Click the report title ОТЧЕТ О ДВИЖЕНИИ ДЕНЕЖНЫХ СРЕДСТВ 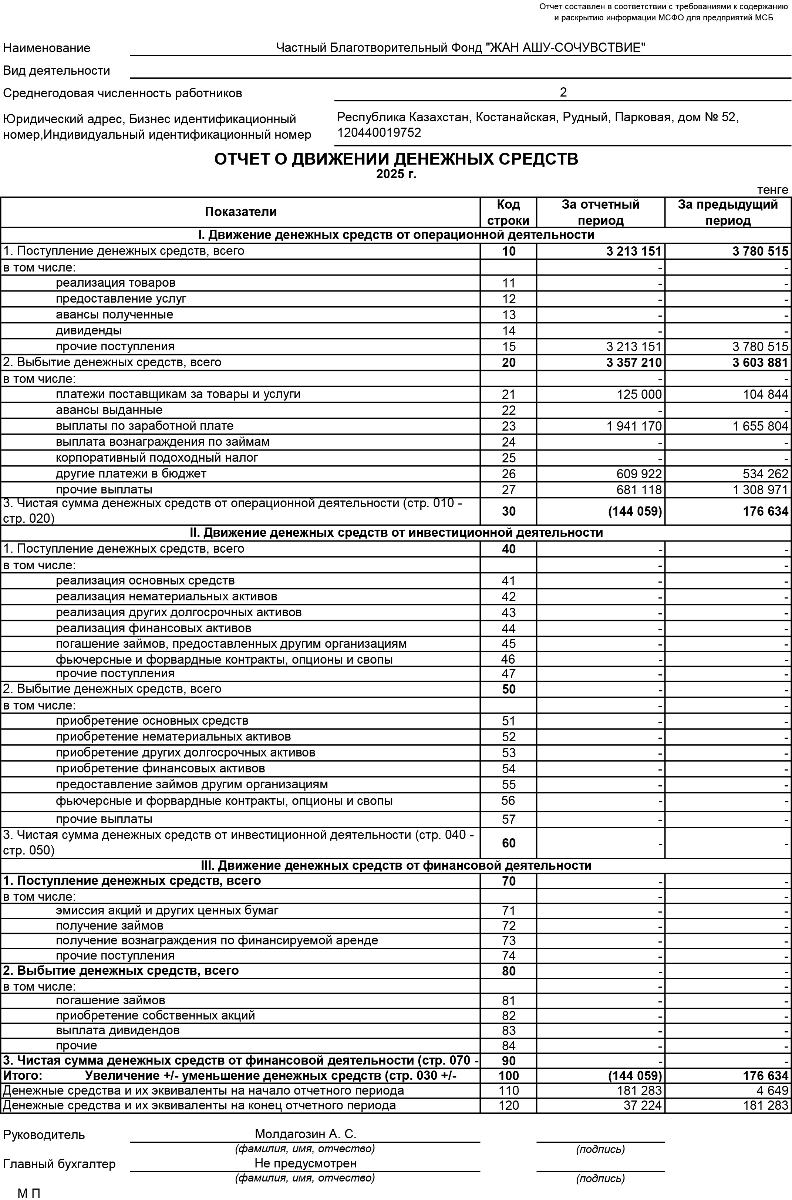pos(396,159)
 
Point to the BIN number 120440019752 pos(379,133)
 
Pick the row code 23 pos(509,426)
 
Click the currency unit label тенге pos(772,190)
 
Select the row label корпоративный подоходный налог pos(157,458)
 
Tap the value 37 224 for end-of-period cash pos(643,1106)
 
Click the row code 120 pos(509,1106)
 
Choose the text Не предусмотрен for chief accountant pos(306,1164)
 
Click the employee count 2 pos(563,92)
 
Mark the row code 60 pos(509,843)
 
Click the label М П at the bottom pos(29,1193)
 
